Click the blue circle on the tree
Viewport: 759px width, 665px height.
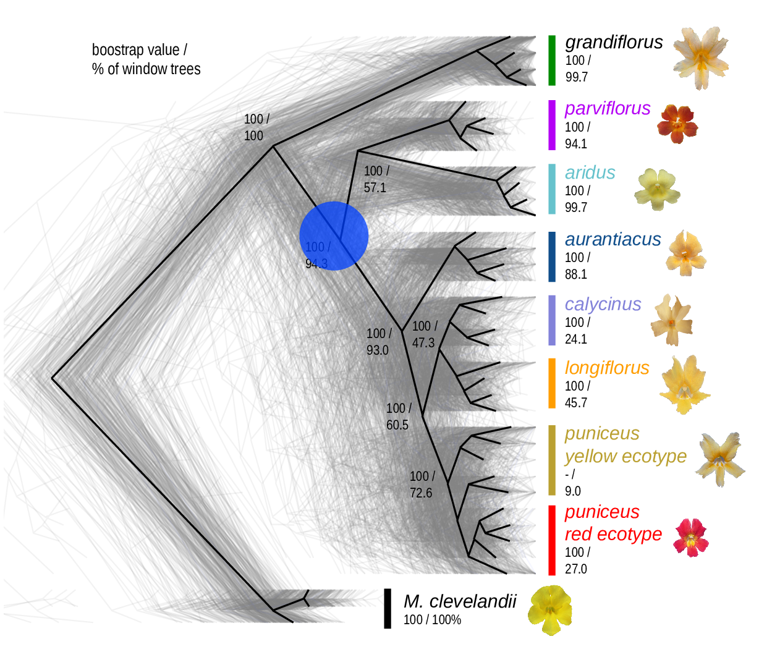click(x=334, y=236)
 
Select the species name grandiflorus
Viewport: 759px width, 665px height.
click(x=614, y=42)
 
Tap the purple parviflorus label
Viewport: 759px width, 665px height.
click(x=608, y=108)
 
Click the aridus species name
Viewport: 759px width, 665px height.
click(x=590, y=172)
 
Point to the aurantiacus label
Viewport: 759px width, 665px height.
click(x=613, y=239)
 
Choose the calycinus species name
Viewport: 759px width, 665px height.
click(x=603, y=304)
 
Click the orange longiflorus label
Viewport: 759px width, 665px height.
click(x=607, y=368)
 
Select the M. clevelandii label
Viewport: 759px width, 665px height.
click(x=459, y=601)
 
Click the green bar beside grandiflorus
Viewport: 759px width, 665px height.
click(x=552, y=60)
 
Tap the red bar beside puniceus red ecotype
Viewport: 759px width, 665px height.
click(x=552, y=540)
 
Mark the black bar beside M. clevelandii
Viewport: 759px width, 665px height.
click(x=388, y=608)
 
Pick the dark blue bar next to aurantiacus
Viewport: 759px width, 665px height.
click(x=552, y=256)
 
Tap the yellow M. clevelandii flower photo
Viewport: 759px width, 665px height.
click(x=549, y=610)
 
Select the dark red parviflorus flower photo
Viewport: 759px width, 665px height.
click(x=677, y=124)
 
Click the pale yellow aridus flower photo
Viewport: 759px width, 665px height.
click(x=657, y=189)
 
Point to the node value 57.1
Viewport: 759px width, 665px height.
click(x=375, y=187)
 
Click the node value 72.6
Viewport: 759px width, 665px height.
click(x=421, y=493)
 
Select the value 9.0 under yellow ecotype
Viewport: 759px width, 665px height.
click(x=573, y=491)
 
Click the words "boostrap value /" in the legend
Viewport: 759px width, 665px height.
click(x=139, y=50)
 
